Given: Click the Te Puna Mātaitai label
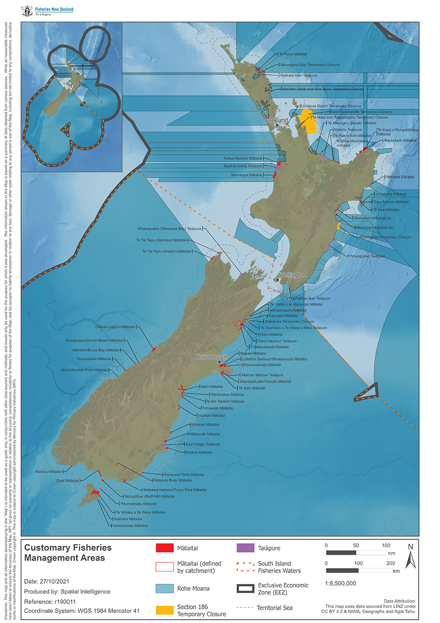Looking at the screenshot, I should (292, 54).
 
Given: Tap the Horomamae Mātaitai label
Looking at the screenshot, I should (131, 525).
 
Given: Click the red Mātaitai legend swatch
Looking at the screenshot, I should (165, 549).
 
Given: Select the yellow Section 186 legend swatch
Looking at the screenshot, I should (165, 610).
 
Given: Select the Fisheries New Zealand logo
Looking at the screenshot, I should (47, 11).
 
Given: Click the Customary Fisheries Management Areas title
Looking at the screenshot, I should (68, 553).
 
